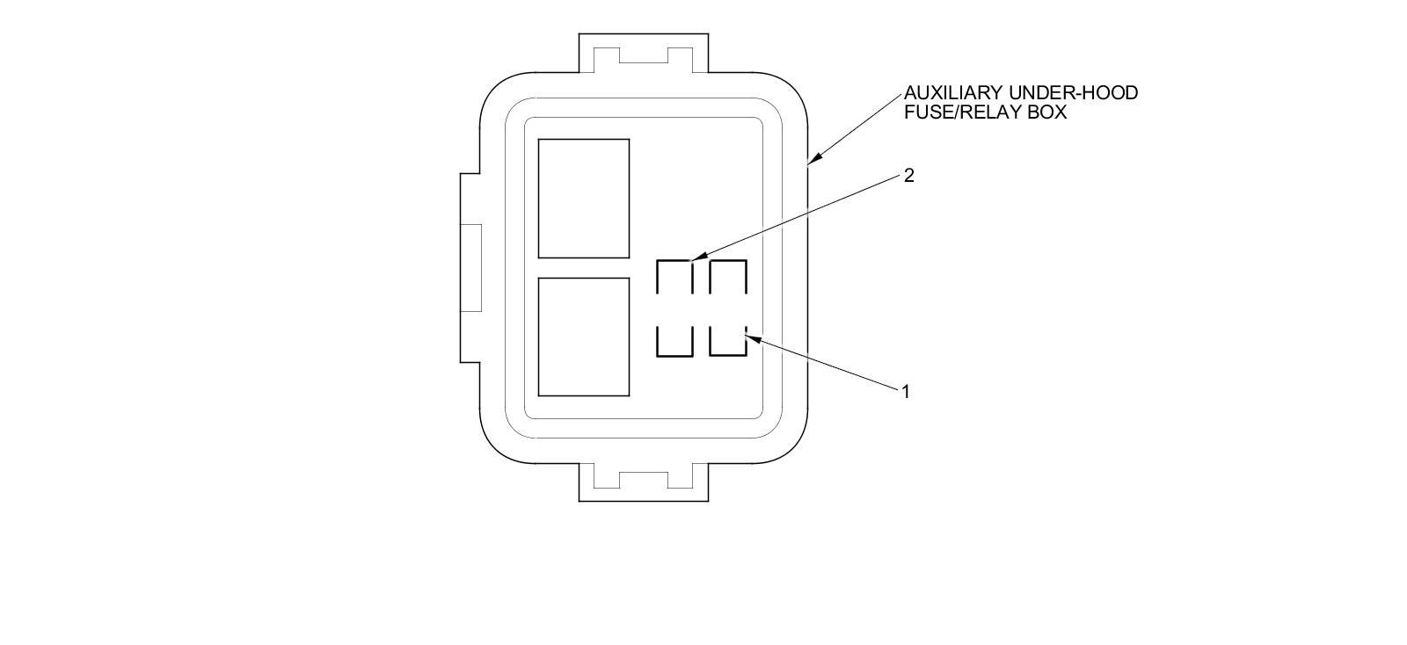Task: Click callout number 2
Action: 909,176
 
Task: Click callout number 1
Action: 905,391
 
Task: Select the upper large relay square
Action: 583,198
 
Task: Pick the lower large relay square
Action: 583,337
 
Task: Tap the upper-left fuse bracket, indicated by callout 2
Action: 674,277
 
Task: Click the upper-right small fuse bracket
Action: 727,277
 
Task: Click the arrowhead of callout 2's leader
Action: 696,257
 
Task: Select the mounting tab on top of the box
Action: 644,53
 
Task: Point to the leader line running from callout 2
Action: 800,215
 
